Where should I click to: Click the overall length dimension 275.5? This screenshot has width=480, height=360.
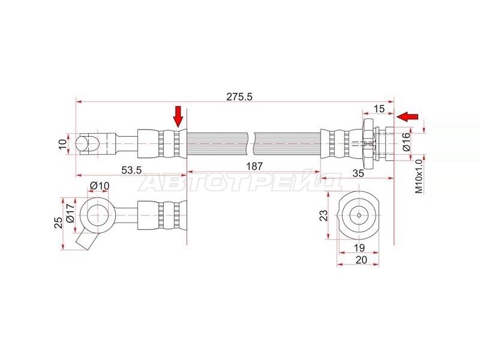point(239,97)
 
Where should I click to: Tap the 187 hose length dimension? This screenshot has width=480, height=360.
point(254,166)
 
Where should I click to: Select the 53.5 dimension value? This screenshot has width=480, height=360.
point(131,170)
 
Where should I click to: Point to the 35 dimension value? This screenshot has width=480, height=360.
point(358,173)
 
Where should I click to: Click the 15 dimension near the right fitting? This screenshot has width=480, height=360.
point(379,109)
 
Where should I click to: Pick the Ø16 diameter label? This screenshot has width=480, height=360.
point(406,142)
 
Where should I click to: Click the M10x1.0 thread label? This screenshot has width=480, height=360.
point(419,176)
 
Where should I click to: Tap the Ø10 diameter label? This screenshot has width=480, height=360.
point(100,185)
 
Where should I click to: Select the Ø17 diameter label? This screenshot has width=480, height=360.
point(70,213)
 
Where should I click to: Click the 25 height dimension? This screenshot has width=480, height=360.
point(58,223)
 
